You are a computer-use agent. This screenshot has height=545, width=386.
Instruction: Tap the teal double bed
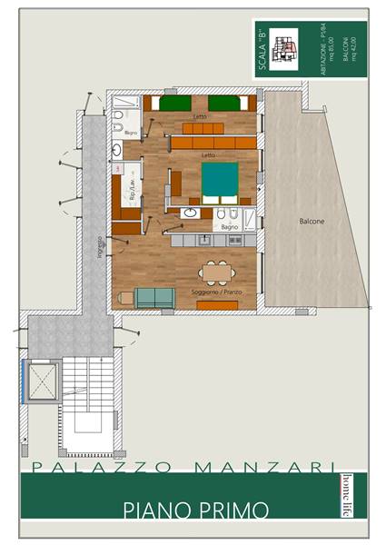(x=221, y=181)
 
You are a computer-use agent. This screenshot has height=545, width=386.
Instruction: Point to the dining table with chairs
(x=215, y=272)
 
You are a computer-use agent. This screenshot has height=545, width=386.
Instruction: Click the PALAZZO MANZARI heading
(x=176, y=467)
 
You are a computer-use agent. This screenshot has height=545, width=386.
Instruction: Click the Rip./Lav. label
(x=133, y=193)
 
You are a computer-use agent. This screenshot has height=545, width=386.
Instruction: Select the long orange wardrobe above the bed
(x=213, y=143)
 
